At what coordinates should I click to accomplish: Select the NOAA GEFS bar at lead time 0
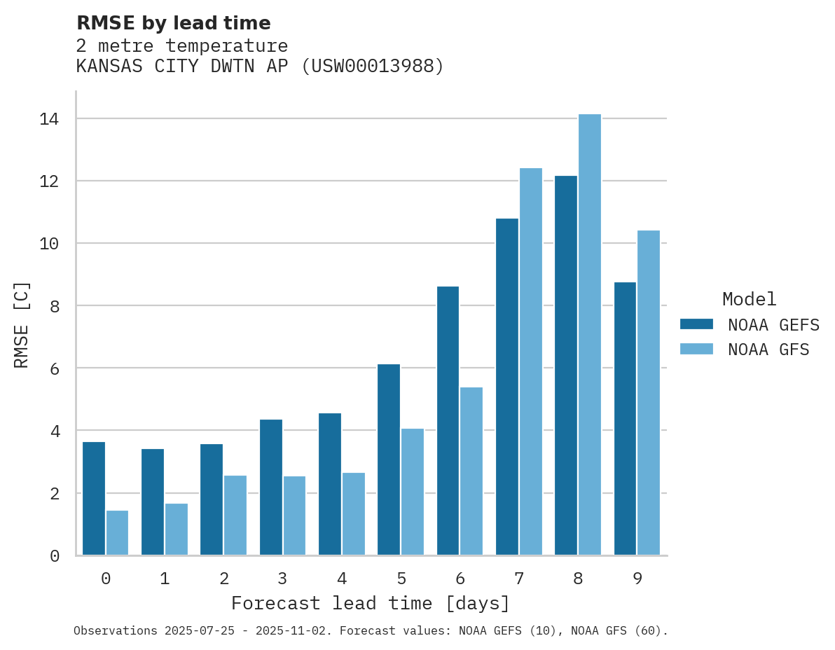point(94,499)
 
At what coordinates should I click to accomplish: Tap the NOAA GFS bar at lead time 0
point(118,533)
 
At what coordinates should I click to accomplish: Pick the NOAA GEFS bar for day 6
point(448,421)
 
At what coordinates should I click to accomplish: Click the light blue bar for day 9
point(649,393)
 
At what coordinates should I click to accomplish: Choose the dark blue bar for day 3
point(271,488)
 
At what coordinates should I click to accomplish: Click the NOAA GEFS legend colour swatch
point(696,324)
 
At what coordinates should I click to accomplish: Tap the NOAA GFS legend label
point(768,350)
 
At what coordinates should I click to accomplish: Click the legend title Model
point(750,299)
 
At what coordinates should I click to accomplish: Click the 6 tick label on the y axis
point(55,368)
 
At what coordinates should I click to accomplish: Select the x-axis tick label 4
point(342,579)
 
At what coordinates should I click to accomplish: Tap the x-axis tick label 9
point(637,579)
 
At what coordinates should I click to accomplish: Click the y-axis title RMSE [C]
point(22,324)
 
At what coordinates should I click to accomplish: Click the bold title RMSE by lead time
point(173,23)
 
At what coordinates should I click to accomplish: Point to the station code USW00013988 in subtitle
point(372,67)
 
